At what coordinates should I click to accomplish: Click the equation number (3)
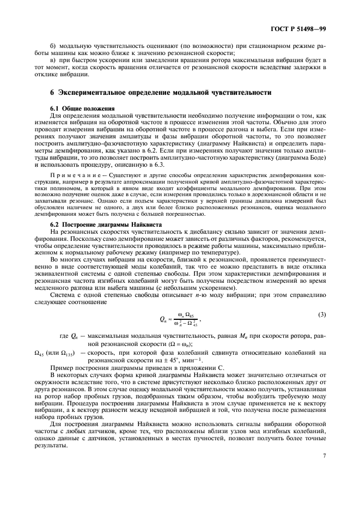321,314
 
